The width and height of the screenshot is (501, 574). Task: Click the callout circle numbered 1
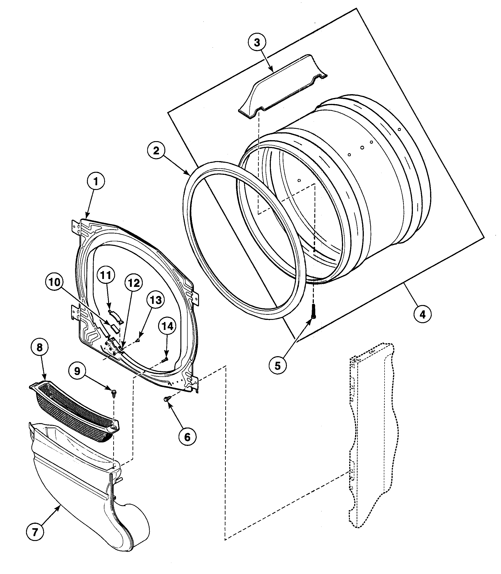[96, 182]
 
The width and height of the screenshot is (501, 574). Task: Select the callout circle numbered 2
[156, 151]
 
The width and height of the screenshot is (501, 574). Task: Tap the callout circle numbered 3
[257, 43]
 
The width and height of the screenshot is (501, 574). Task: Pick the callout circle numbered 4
[422, 315]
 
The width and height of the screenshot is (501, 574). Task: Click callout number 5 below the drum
[278, 366]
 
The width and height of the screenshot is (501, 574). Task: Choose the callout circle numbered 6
[187, 437]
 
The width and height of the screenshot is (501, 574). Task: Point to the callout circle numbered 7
[35, 532]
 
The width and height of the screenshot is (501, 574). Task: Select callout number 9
[77, 371]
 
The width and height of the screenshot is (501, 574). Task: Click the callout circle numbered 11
[106, 275]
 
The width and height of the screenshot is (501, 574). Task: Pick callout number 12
[134, 283]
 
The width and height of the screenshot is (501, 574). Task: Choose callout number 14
[167, 326]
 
